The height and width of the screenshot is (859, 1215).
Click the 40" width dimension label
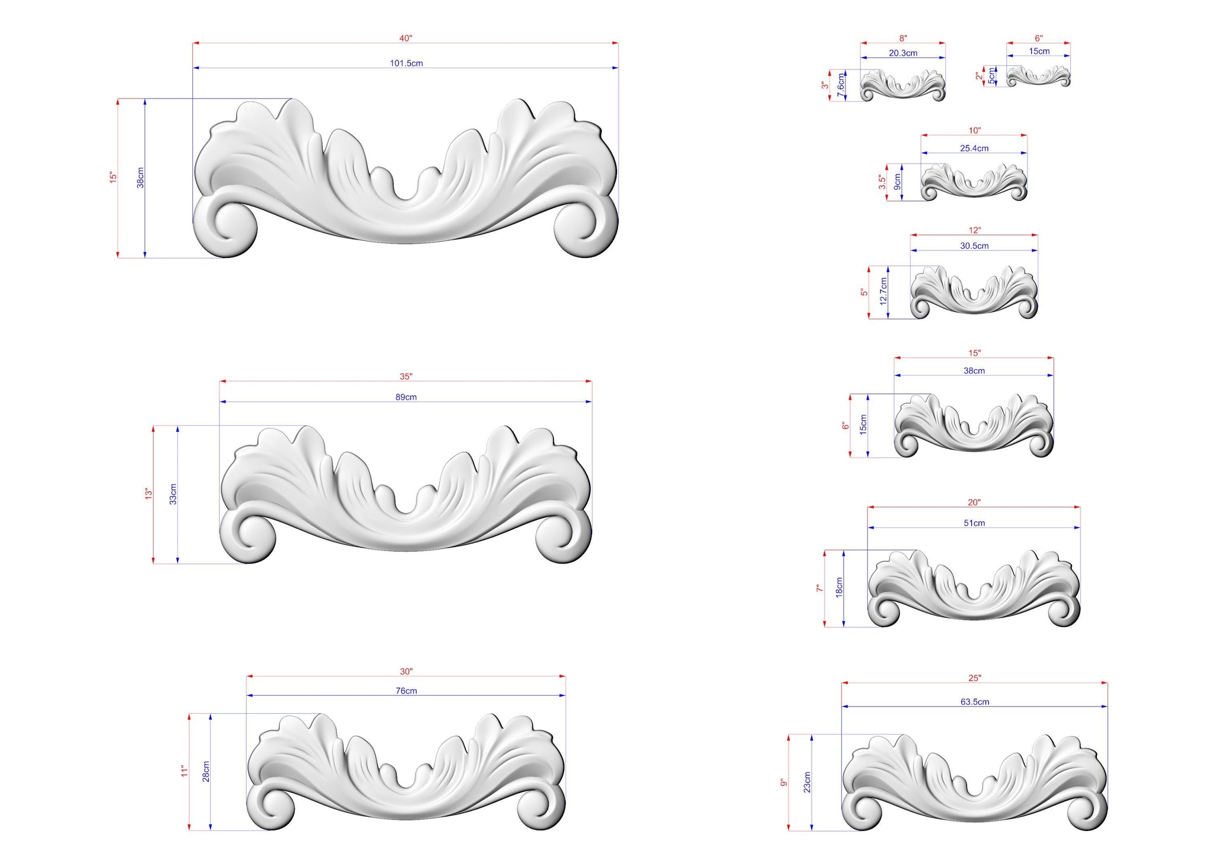click(406, 39)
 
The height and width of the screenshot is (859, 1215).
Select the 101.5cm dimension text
click(406, 63)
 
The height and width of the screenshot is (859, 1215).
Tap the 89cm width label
click(406, 397)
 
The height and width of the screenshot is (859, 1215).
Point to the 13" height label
click(149, 494)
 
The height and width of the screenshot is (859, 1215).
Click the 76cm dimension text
click(406, 691)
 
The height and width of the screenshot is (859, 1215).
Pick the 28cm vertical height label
click(206, 771)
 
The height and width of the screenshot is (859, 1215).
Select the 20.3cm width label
click(903, 53)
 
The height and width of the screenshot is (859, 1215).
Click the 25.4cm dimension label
click(974, 148)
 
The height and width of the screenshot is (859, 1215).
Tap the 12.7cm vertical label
click(883, 291)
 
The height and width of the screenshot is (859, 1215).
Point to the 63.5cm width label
click(975, 702)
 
